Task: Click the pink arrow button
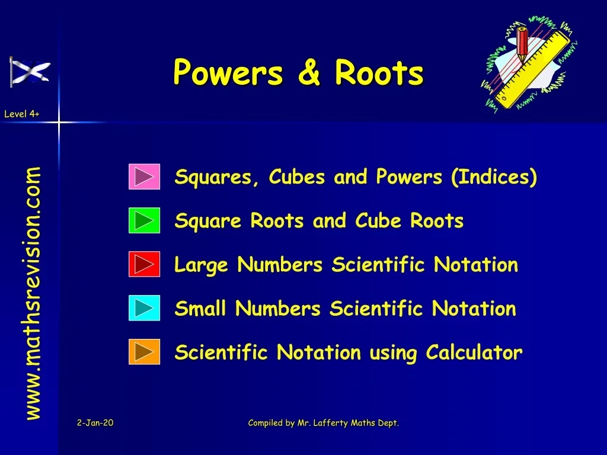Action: [x=144, y=177]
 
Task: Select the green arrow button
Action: [x=144, y=220]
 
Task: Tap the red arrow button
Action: [x=144, y=264]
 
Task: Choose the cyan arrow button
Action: [x=144, y=308]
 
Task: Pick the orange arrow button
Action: [x=144, y=352]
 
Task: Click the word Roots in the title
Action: [x=379, y=73]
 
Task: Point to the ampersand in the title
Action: [x=309, y=73]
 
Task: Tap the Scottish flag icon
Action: [x=30, y=71]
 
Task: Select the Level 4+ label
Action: [x=21, y=114]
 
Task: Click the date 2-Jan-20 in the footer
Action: [x=95, y=422]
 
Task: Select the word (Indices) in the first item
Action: [x=494, y=177]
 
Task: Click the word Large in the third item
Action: [x=201, y=265]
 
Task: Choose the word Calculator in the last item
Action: [x=474, y=353]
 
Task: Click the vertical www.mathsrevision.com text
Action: [x=33, y=293]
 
